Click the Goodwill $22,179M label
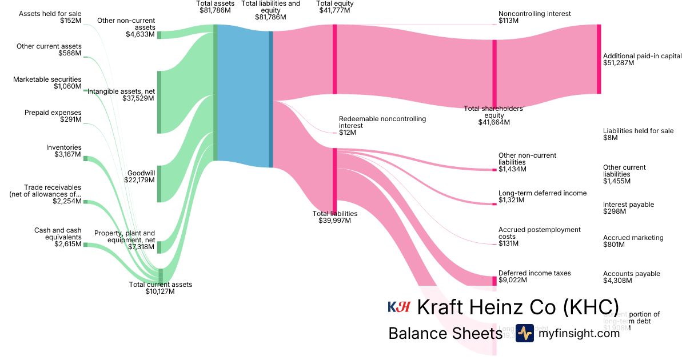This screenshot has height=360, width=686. (139, 176)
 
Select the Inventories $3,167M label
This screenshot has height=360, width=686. (64, 151)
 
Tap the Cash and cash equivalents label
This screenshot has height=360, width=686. (58, 237)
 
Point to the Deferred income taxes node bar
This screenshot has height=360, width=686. (494, 281)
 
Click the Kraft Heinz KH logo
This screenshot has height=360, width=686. (399, 307)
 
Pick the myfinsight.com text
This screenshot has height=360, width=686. (579, 333)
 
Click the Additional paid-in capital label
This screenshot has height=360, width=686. (642, 59)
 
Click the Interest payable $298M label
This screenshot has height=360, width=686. (628, 208)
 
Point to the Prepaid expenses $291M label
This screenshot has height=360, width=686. (53, 116)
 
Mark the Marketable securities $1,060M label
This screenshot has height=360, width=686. (47, 83)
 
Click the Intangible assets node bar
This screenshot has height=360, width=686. (159, 102)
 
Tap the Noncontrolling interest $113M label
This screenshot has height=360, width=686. (535, 17)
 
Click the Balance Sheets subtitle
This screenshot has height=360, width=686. (445, 334)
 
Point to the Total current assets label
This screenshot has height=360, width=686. (160, 287)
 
